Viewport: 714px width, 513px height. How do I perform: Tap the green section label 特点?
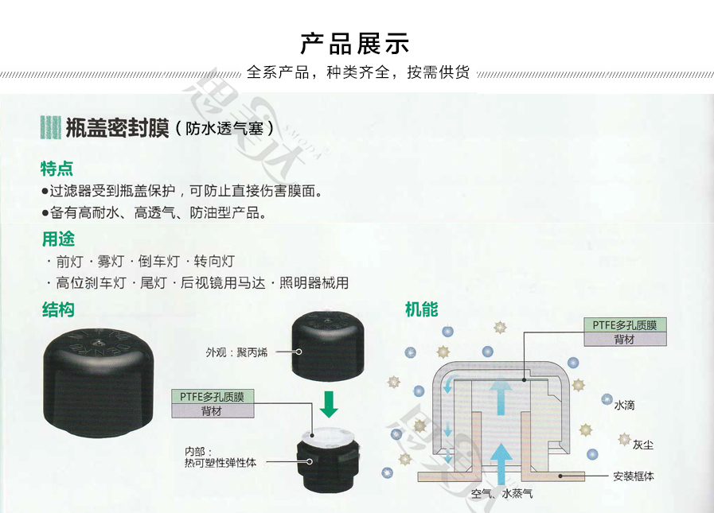coord(57,168)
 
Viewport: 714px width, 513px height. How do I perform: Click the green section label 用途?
coord(57,239)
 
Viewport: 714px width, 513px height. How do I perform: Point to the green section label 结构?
coord(57,309)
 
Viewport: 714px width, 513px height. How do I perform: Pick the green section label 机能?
coord(421,309)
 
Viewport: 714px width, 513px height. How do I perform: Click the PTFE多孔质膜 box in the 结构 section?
coord(213,396)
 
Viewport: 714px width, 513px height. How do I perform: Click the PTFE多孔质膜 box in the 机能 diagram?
coord(625,325)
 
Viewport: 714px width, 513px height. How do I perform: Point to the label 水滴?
coord(624,405)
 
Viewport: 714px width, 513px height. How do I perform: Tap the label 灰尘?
coord(643,443)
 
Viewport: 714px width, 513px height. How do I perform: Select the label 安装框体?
coord(634,476)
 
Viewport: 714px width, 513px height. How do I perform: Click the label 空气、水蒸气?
coord(501,495)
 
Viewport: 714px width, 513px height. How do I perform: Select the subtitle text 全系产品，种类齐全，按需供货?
coord(358,72)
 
